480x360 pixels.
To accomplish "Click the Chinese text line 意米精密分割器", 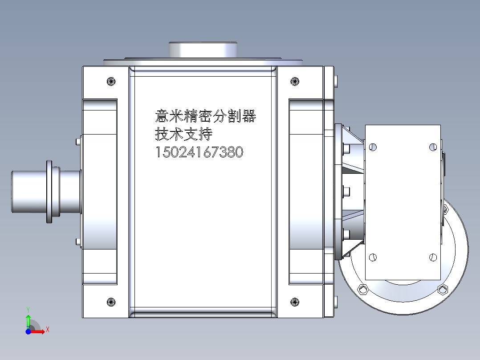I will tap(205, 117).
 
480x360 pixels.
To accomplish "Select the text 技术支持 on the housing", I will tap(183, 134).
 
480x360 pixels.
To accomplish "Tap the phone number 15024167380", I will tap(199, 152).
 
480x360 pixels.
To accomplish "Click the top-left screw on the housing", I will tap(111, 81).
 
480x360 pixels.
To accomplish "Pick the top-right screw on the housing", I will tap(294, 81).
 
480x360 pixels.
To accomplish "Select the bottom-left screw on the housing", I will tap(111, 302).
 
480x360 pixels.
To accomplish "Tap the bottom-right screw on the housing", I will tap(294, 302).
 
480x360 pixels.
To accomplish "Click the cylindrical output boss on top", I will tap(203, 49).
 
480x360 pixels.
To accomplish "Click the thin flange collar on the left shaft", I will tap(49, 191).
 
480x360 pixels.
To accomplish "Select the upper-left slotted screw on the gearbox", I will tap(373, 147).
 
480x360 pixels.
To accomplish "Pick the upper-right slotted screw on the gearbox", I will tap(432, 147).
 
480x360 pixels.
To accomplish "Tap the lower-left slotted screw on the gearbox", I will tap(373, 257).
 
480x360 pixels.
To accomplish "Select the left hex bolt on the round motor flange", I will tap(363, 290).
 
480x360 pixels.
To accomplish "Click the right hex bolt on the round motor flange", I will tap(442, 290).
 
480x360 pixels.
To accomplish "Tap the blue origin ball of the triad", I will tap(28, 331).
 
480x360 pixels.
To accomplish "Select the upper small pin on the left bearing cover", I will tap(78, 142).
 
